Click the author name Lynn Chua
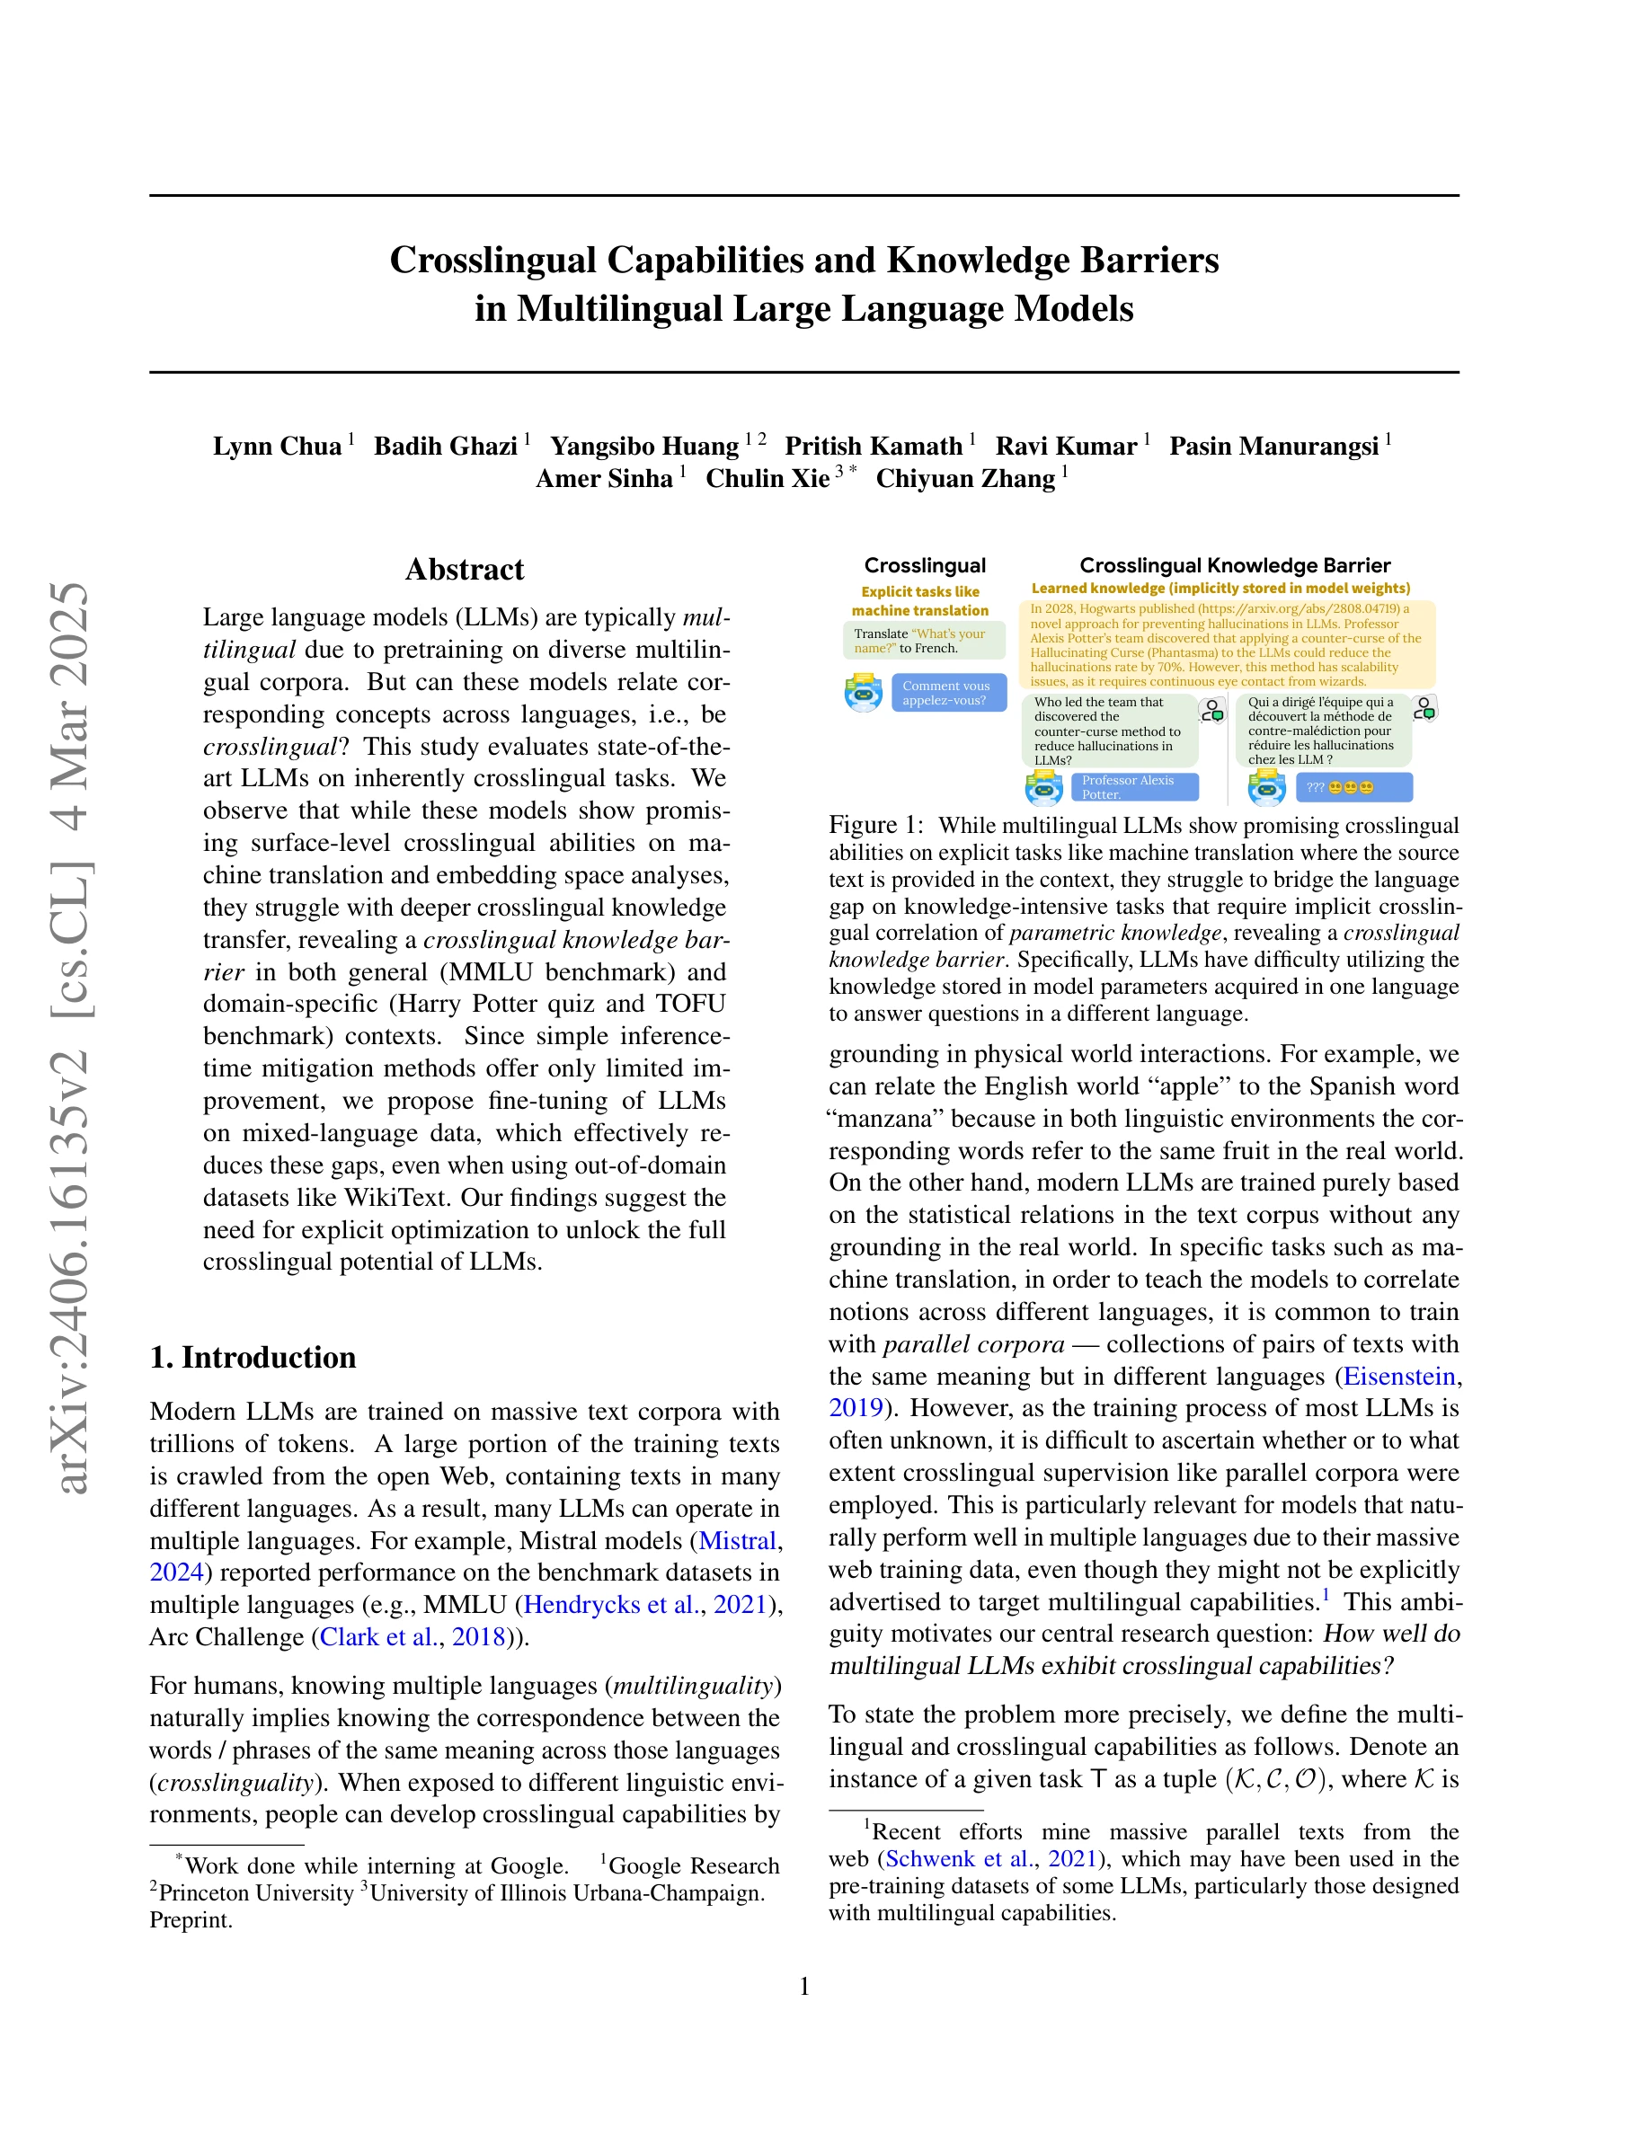pyautogui.click(x=277, y=447)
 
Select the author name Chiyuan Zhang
pyautogui.click(x=965, y=479)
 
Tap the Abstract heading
pyautogui.click(x=465, y=570)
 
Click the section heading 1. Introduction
pyautogui.click(x=253, y=1358)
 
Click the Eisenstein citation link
pyautogui.click(x=1400, y=1377)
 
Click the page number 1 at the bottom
pyautogui.click(x=804, y=1987)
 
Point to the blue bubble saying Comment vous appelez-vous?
pyautogui.click(x=948, y=693)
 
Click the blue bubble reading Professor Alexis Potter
pyautogui.click(x=1134, y=787)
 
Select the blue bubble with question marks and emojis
pyautogui.click(x=1353, y=787)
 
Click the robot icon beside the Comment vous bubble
pyautogui.click(x=863, y=693)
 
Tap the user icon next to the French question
pyautogui.click(x=1425, y=709)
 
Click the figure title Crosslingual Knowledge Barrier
pyautogui.click(x=1234, y=565)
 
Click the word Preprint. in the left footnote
pyautogui.click(x=191, y=1920)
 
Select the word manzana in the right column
pyautogui.click(x=887, y=1119)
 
